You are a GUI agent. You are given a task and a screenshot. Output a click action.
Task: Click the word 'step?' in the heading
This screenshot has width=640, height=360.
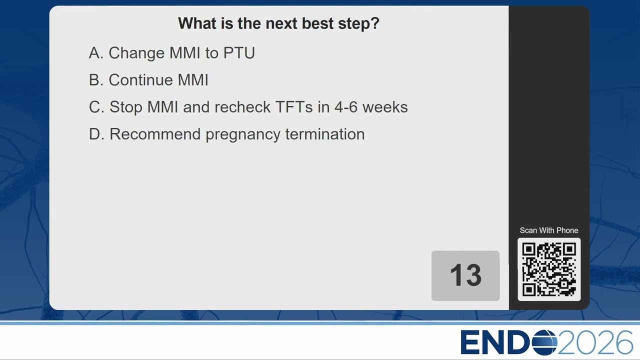click(359, 23)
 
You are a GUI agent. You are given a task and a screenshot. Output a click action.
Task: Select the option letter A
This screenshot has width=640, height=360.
click(96, 53)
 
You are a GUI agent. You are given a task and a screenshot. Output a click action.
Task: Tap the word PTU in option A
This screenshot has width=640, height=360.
click(239, 53)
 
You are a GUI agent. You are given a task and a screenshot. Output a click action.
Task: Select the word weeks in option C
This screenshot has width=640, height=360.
click(385, 107)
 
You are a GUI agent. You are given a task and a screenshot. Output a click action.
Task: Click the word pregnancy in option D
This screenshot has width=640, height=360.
click(243, 135)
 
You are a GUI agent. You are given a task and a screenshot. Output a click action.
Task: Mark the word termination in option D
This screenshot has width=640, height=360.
click(325, 134)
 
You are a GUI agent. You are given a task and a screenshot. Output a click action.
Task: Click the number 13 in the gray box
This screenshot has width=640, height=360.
click(465, 275)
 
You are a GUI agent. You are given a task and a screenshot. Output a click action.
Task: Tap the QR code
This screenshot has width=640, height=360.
click(549, 269)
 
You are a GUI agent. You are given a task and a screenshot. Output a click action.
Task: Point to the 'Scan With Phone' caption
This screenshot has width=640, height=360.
click(549, 230)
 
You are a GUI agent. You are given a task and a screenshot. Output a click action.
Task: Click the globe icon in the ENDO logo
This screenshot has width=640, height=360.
click(544, 342)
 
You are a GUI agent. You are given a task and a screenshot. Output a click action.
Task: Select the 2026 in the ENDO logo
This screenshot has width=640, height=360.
click(595, 342)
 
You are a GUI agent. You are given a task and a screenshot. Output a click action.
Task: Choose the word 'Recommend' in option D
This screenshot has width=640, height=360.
click(155, 134)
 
